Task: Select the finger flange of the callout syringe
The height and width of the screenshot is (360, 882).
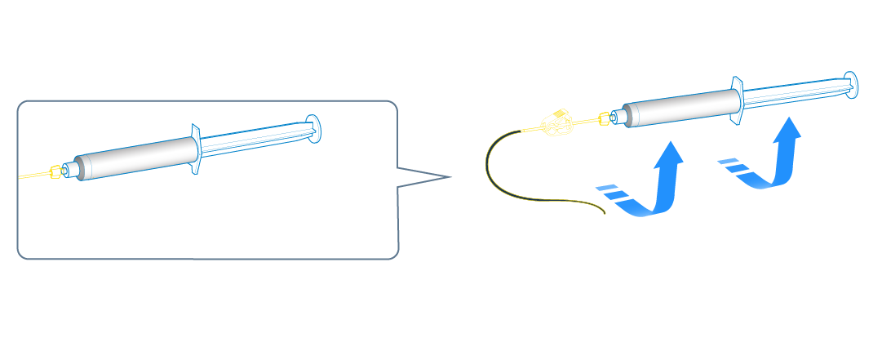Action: coord(196,149)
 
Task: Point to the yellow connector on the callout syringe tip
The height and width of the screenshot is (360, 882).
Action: coord(55,171)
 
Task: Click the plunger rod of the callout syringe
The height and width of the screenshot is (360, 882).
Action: coord(253,139)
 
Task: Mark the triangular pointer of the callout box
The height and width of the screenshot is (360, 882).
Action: coord(424,176)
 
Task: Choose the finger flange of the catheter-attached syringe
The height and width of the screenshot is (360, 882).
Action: coord(736,102)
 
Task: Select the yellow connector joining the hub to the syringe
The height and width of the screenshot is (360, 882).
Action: coord(604,119)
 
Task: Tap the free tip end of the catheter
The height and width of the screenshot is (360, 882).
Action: coord(602,215)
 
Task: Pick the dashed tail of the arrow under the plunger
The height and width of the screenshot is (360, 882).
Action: coord(732,167)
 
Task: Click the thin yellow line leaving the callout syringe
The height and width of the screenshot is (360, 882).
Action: coord(33,176)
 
